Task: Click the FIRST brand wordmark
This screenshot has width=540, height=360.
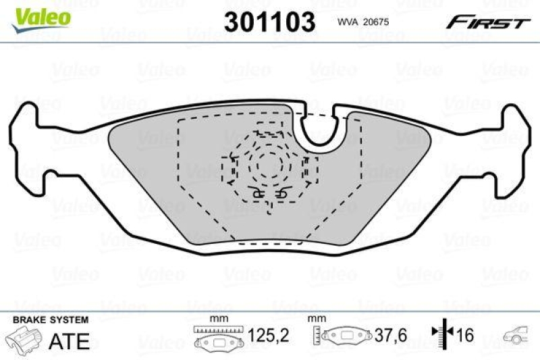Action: [486, 22]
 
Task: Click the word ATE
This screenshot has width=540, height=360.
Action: [70, 341]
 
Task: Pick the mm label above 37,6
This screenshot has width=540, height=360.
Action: [314, 318]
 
